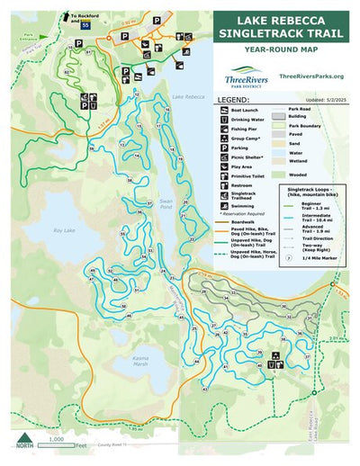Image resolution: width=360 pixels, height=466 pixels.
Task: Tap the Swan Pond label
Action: [139, 181]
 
